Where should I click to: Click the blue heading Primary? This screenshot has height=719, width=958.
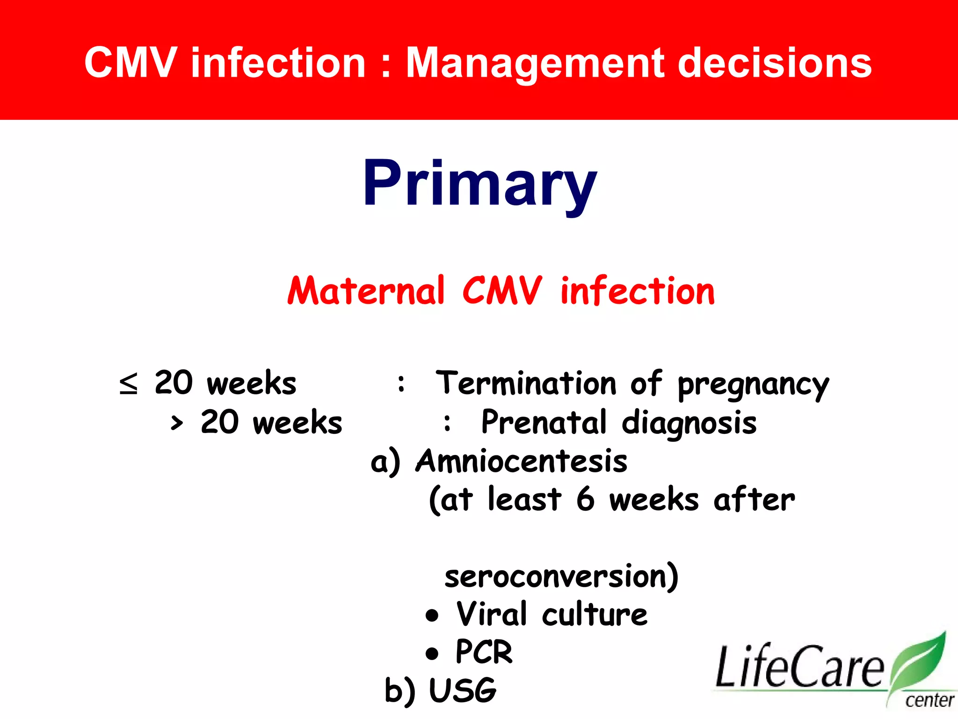click(480, 183)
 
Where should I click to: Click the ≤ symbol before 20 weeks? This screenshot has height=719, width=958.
click(129, 383)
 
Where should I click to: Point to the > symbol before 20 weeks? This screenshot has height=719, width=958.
click(177, 423)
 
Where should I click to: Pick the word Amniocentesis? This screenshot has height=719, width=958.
click(522, 462)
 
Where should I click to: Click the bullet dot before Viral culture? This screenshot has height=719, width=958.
click(432, 616)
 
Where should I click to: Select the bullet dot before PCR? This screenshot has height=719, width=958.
click(432, 653)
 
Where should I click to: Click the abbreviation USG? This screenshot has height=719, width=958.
click(462, 691)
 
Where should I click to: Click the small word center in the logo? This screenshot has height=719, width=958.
click(929, 701)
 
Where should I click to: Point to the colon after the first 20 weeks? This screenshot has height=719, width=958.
click(401, 383)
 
